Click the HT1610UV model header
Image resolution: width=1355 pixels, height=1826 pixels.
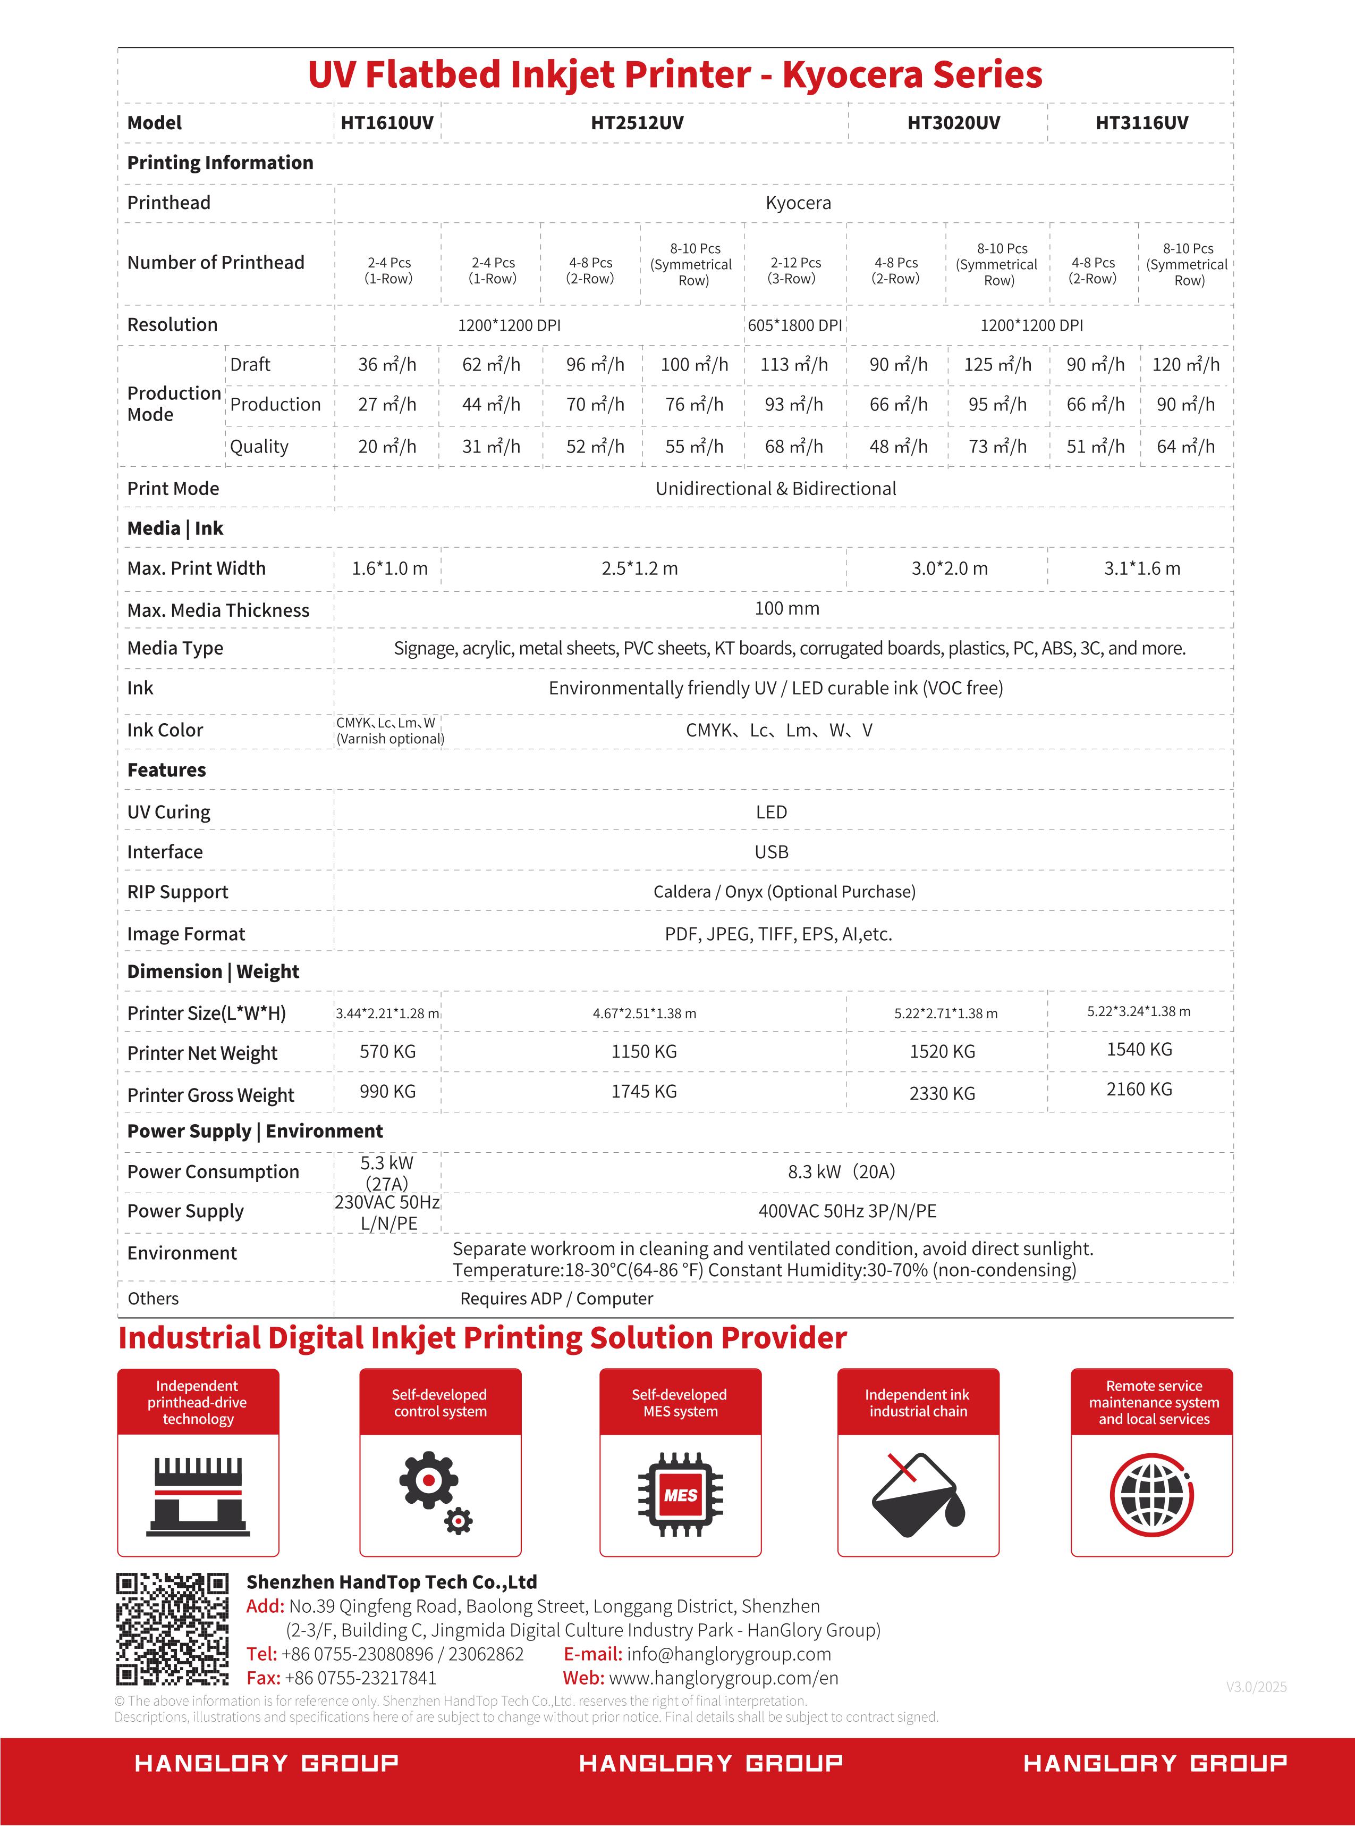tap(387, 123)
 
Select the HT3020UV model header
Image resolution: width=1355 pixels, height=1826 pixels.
tap(953, 123)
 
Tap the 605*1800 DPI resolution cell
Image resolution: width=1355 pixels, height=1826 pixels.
tap(794, 325)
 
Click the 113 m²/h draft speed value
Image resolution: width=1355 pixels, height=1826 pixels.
tap(794, 364)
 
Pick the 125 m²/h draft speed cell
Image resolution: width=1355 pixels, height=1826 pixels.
tap(997, 364)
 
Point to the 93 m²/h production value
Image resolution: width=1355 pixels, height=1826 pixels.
tap(794, 405)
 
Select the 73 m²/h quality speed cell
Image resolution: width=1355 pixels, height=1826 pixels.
tap(997, 447)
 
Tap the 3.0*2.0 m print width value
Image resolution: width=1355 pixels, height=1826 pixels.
tap(949, 568)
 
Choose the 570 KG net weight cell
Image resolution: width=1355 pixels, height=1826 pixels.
tap(387, 1051)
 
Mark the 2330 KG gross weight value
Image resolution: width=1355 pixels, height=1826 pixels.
tap(943, 1093)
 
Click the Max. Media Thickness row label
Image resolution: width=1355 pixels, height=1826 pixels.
tap(218, 610)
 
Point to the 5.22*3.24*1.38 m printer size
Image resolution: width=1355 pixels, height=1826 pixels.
tap(1138, 1011)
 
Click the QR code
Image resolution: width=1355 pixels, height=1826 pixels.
tap(172, 1630)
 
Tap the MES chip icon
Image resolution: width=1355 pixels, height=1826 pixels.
tap(681, 1494)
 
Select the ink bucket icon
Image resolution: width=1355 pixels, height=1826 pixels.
tap(918, 1494)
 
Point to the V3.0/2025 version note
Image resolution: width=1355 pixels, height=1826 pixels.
tap(1256, 1687)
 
